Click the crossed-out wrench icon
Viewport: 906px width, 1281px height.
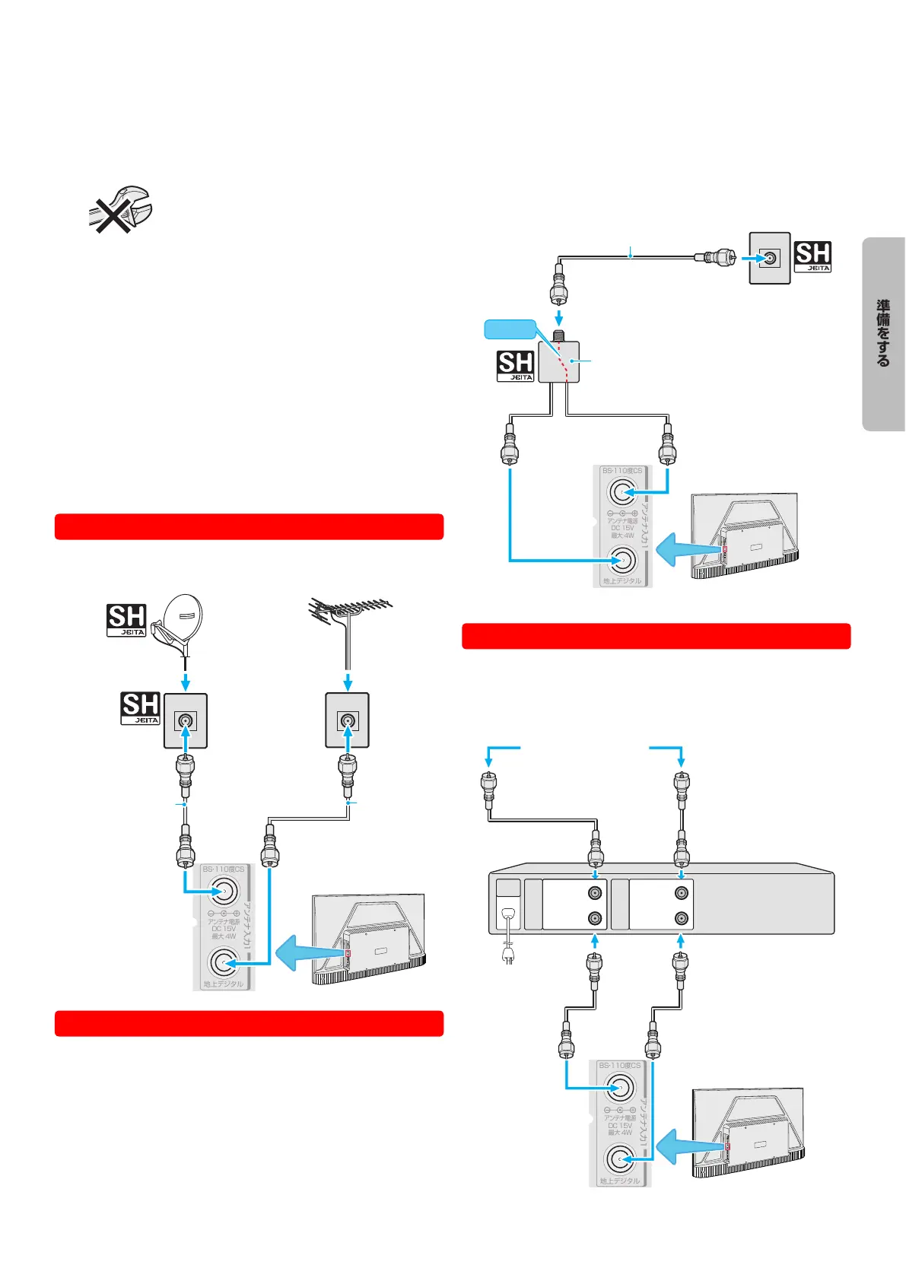point(119,208)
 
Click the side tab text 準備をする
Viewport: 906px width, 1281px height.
point(883,333)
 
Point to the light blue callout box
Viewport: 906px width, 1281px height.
point(510,329)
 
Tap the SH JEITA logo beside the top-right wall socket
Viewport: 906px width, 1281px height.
point(812,256)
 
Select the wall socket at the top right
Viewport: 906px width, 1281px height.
point(770,259)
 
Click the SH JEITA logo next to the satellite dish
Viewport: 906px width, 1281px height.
point(126,620)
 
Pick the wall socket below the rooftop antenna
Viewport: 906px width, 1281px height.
point(348,720)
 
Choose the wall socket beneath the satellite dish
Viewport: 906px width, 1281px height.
point(185,720)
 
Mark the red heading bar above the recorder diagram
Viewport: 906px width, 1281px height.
point(656,636)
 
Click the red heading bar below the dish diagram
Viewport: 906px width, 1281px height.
point(249,1023)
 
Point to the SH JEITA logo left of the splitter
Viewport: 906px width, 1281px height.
point(515,365)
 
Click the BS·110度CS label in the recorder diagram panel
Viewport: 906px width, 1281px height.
point(619,1066)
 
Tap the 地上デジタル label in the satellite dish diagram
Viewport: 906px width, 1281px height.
point(223,984)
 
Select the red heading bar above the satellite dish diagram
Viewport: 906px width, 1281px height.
point(249,526)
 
